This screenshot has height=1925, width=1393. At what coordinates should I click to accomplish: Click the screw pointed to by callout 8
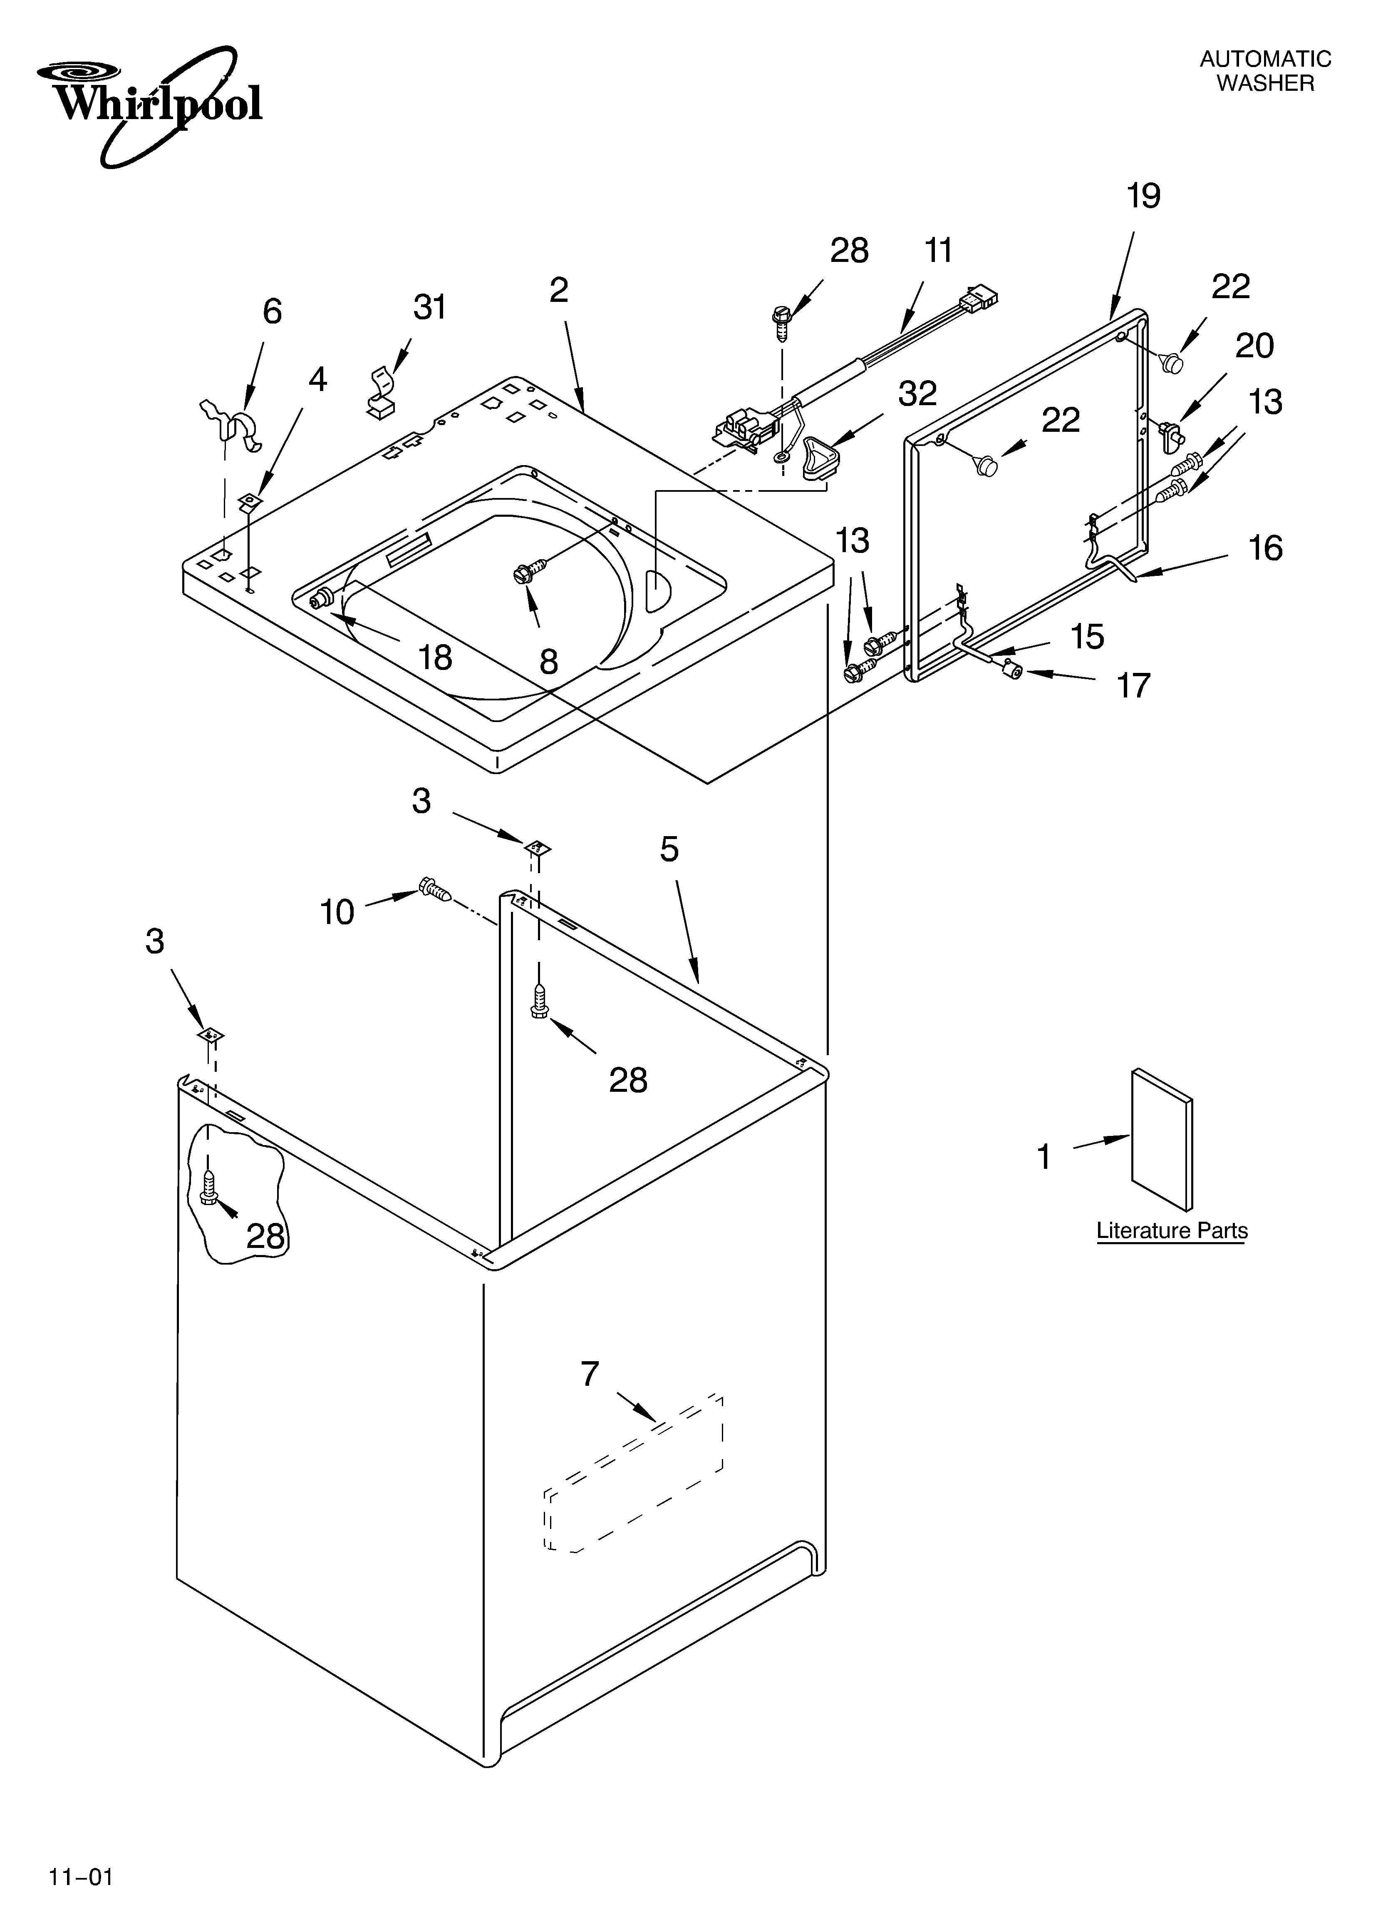[522, 575]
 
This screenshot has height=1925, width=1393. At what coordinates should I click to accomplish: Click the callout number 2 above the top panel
[558, 290]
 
